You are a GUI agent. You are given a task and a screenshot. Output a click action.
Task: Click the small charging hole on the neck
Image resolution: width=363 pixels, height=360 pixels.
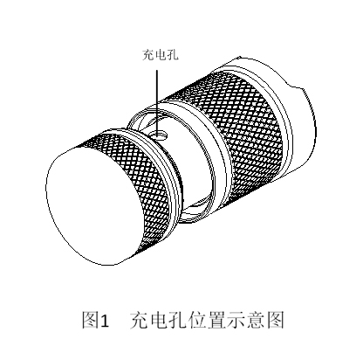tap(160, 135)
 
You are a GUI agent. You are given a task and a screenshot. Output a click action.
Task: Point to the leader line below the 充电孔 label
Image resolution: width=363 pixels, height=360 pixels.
tap(157, 102)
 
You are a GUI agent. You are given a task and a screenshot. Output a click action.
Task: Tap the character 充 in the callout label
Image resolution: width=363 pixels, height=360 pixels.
tap(147, 55)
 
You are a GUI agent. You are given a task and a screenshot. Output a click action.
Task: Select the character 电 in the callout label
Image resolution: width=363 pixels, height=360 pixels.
tap(161, 55)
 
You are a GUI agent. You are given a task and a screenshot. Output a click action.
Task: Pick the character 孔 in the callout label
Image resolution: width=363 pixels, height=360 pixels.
tap(173, 55)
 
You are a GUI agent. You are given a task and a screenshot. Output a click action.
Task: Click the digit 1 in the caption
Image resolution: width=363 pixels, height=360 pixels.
tap(104, 321)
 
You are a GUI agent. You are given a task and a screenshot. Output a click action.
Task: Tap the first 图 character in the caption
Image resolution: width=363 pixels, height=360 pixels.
tap(90, 320)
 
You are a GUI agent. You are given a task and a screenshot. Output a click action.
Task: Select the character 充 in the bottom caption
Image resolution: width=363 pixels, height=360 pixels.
tap(139, 320)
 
